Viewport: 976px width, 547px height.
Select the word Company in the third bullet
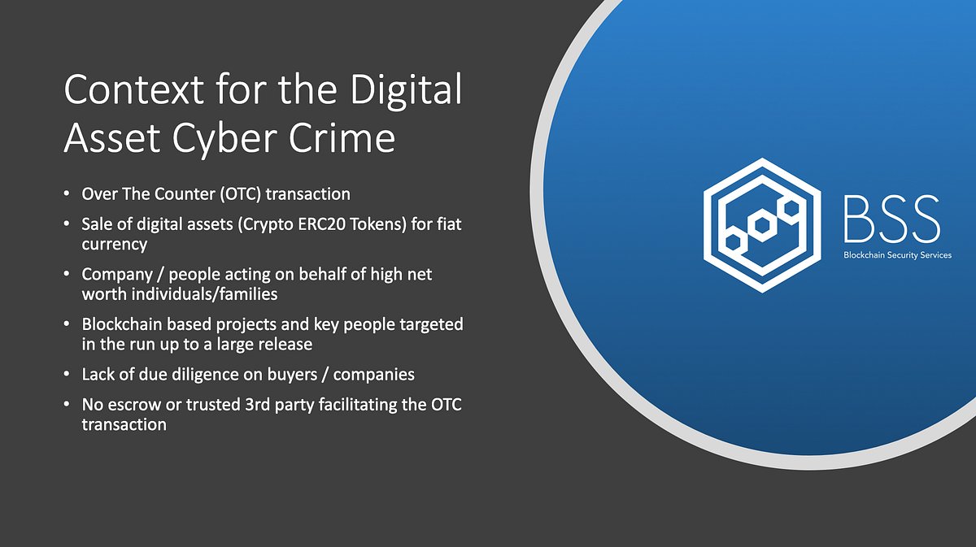point(115,275)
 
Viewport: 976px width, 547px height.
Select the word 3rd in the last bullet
point(261,405)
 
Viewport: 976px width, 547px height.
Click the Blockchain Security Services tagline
point(897,255)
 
